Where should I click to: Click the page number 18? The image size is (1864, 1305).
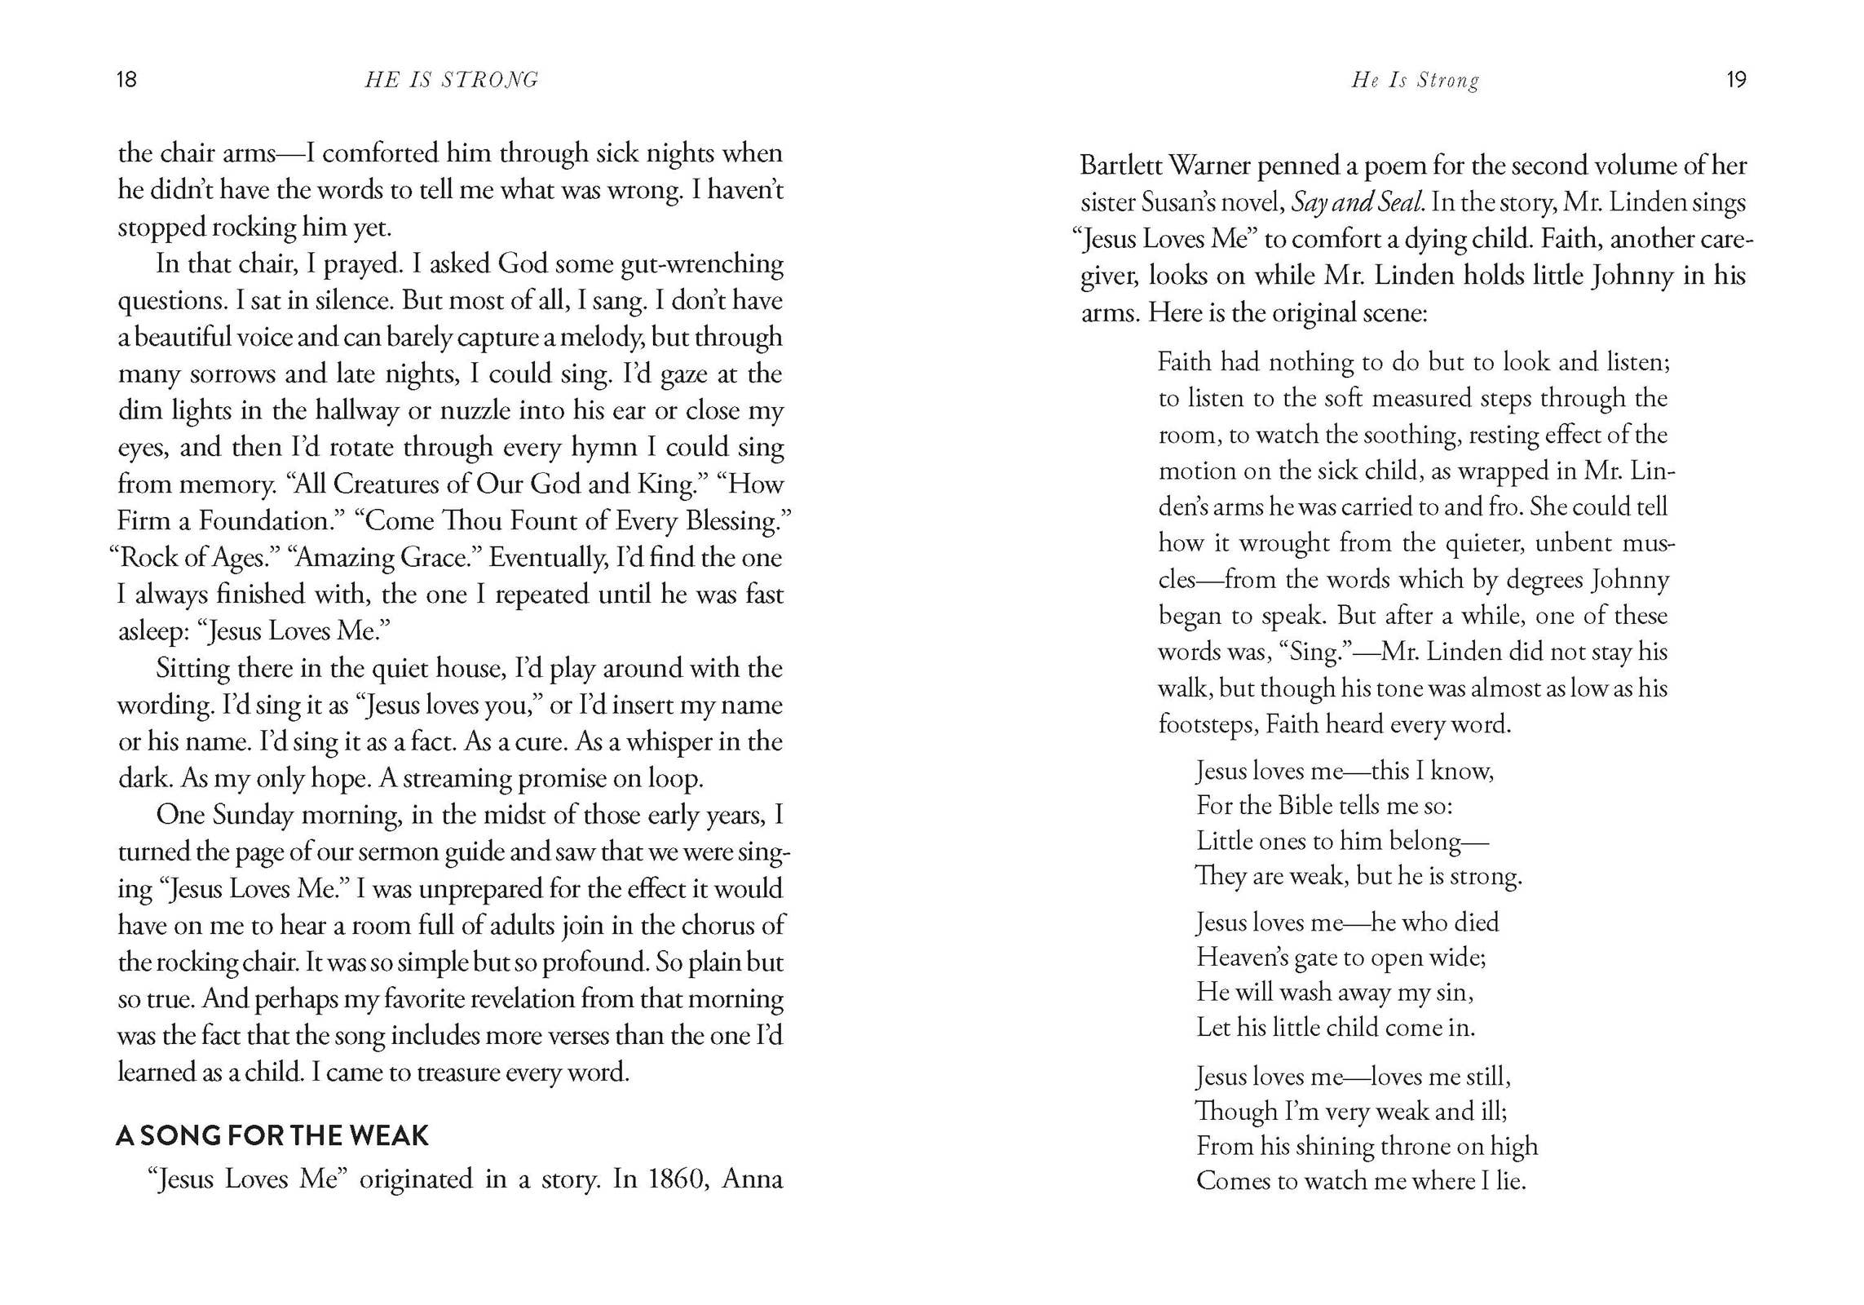(126, 79)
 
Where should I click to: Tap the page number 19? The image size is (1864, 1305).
(1736, 79)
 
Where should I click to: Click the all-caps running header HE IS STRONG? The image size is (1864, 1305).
(452, 80)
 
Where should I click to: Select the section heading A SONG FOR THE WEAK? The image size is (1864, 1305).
(272, 1135)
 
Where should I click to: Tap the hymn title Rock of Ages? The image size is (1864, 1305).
(195, 558)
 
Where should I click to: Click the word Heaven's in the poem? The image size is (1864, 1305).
(1242, 958)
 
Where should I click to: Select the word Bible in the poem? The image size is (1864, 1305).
(1310, 806)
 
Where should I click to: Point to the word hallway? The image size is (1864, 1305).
(357, 411)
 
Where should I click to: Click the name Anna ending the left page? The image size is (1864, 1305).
(752, 1179)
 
